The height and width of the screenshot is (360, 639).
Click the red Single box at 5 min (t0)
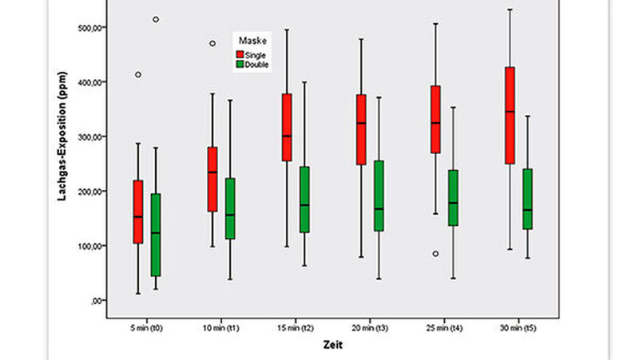click(138, 212)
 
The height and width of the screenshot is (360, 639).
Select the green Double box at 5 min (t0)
click(155, 235)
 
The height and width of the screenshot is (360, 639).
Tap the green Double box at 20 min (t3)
click(378, 196)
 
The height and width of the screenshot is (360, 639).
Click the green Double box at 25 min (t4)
click(453, 197)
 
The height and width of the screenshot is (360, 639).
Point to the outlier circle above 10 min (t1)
click(212, 43)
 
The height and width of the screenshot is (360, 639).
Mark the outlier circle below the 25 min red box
click(435, 254)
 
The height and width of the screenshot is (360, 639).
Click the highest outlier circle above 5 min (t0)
click(156, 19)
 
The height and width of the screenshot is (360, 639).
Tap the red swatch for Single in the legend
click(239, 54)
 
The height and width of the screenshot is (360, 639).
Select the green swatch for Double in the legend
click(239, 64)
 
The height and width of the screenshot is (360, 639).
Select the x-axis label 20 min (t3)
click(370, 327)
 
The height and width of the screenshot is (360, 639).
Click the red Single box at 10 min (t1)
click(212, 179)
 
